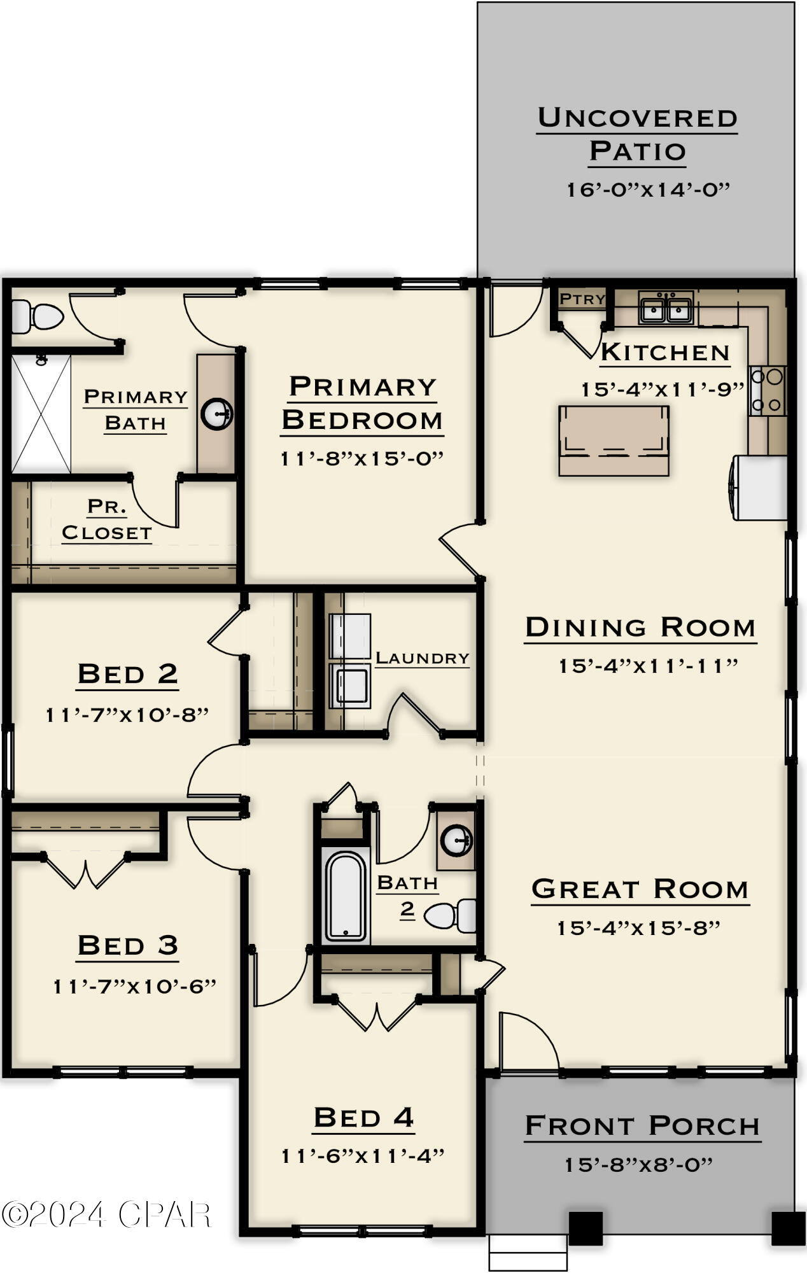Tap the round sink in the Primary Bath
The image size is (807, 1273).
(217, 414)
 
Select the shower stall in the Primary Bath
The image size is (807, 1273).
(41, 414)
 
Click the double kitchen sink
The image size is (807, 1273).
(666, 310)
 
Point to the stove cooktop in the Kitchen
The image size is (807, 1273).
(768, 391)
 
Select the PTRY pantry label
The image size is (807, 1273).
(582, 299)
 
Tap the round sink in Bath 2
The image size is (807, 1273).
(456, 841)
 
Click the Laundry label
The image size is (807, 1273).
(422, 658)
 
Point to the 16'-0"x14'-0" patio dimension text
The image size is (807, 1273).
(648, 190)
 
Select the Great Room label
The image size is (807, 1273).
(640, 889)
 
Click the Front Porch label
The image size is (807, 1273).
(642, 1126)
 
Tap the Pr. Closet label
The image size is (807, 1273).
(107, 520)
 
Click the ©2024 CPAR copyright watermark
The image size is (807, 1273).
(106, 1214)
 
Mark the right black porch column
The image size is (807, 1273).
(788, 1228)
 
